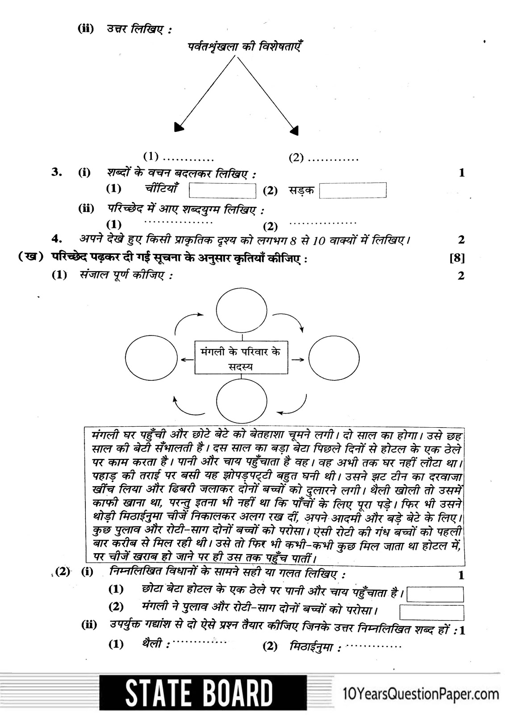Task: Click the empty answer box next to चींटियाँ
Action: [x=222, y=190]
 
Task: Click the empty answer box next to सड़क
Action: [x=353, y=190]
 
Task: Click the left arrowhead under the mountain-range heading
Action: [x=179, y=128]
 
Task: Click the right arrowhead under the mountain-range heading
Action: [x=294, y=130]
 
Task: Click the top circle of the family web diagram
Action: [x=241, y=309]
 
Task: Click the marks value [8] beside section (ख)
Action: [x=457, y=258]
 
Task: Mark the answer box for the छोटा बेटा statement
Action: [x=435, y=594]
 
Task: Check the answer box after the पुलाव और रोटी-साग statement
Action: [x=431, y=612]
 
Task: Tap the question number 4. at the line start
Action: [x=57, y=239]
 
